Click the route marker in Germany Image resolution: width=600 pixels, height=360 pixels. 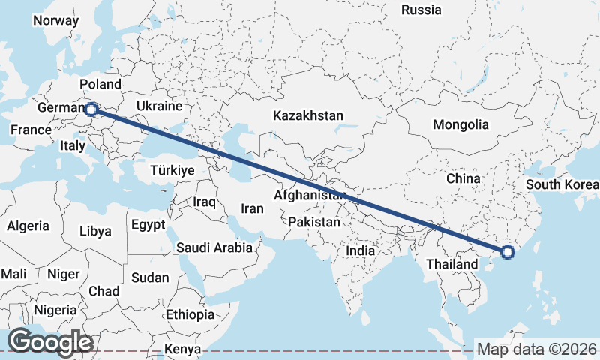[91, 109]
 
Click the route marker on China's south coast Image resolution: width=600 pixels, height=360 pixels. [508, 252]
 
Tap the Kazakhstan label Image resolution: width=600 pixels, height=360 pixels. [308, 116]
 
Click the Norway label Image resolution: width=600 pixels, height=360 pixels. [55, 20]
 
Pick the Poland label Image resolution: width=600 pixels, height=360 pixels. [100, 85]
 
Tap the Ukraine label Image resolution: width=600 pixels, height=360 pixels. [160, 106]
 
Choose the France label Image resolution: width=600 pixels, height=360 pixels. [31, 130]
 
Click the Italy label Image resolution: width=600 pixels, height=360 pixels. [73, 146]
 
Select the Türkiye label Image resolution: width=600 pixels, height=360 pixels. [172, 170]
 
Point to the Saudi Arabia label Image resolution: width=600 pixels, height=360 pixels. [213, 247]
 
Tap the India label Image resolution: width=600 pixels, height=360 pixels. [360, 251]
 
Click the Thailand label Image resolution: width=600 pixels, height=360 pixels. [451, 264]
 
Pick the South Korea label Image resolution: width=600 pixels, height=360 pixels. [562, 184]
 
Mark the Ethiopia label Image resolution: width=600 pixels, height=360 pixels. [190, 314]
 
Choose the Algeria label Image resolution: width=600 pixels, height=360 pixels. [28, 226]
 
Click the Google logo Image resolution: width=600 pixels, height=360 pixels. [50, 342]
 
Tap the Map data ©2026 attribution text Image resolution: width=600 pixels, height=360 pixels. [538, 349]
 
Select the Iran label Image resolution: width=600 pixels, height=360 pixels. [252, 208]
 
